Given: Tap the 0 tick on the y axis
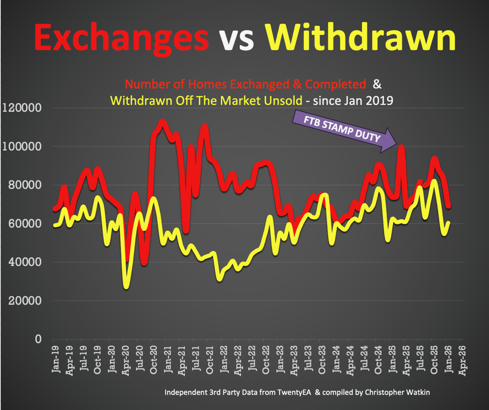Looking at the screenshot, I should [38, 339].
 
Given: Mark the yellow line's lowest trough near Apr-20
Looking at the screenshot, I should [126, 286].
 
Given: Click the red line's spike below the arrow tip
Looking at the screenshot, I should [401, 148].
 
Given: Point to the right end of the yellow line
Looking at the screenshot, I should [449, 222].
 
